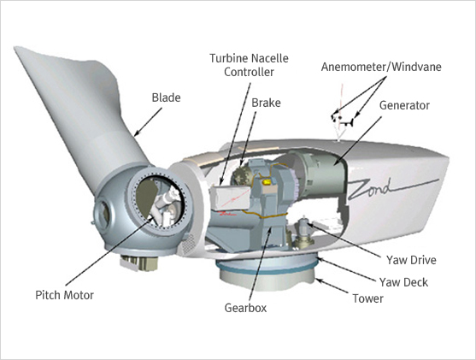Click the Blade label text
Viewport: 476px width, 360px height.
(x=166, y=97)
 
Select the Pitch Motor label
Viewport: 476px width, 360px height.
(x=64, y=295)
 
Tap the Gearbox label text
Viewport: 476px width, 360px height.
(x=245, y=308)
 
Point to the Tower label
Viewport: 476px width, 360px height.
(x=367, y=298)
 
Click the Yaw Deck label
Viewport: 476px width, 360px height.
(x=403, y=282)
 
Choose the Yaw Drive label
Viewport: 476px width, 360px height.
(x=411, y=260)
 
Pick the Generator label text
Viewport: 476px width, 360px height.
(x=404, y=105)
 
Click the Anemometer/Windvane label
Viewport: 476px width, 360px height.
(x=381, y=67)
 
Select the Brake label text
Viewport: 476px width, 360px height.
(x=266, y=103)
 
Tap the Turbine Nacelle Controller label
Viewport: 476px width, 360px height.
(x=249, y=65)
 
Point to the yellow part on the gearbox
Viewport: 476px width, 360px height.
(x=267, y=181)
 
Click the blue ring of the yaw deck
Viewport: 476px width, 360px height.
(x=267, y=269)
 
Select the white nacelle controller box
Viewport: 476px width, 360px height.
(x=231, y=198)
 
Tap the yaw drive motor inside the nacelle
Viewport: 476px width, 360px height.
(x=303, y=233)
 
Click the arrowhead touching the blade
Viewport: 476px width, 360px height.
(x=138, y=133)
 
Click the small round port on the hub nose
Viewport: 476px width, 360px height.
(x=103, y=214)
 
